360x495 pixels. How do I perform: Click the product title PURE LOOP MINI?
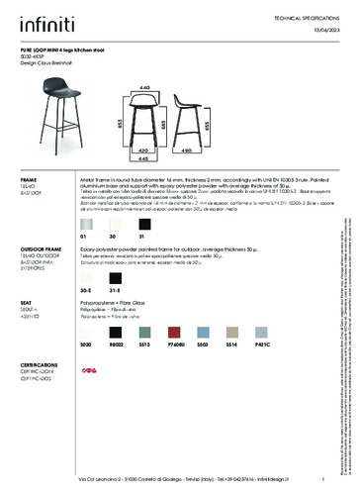pyautogui.click(x=55, y=48)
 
